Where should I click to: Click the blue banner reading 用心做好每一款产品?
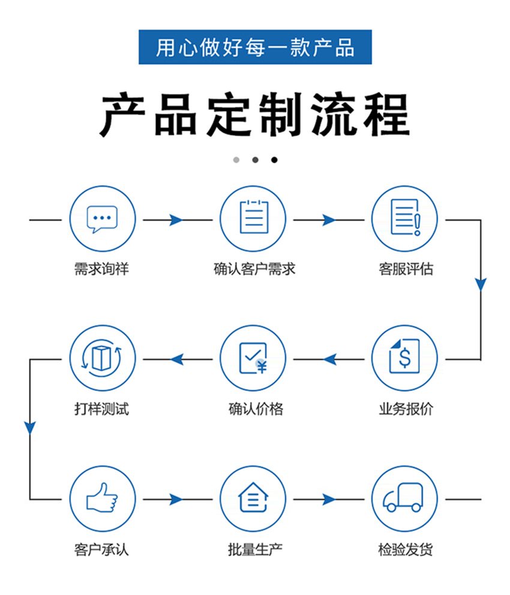(x=255, y=47)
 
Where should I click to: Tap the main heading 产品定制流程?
(x=255, y=114)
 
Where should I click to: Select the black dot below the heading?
(x=274, y=160)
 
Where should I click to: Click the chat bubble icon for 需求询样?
(x=102, y=219)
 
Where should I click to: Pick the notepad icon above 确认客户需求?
(x=253, y=218)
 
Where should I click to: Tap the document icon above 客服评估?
(x=404, y=218)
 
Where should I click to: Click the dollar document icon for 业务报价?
(x=404, y=358)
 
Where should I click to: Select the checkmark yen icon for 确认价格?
(x=253, y=358)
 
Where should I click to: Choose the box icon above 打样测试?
(x=102, y=358)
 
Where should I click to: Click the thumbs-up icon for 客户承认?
(x=102, y=498)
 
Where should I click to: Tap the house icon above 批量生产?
(x=253, y=498)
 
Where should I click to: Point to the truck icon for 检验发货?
(x=404, y=498)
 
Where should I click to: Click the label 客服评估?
(x=406, y=269)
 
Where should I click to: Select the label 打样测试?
(x=101, y=410)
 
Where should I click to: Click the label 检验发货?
(x=406, y=549)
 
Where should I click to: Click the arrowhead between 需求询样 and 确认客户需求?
(x=176, y=220)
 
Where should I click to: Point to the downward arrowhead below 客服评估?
(x=481, y=284)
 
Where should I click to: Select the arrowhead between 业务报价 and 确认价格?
(x=329, y=359)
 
